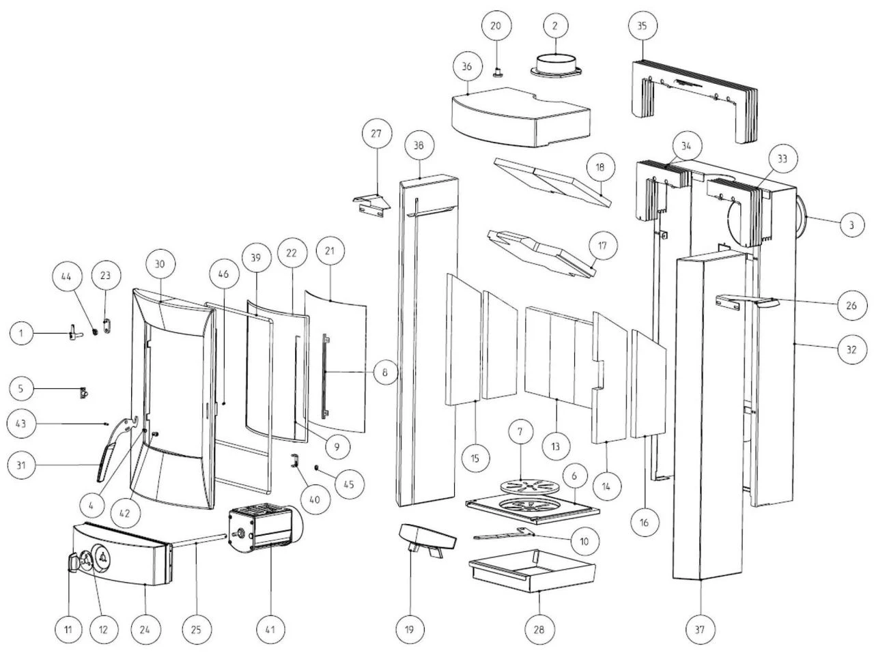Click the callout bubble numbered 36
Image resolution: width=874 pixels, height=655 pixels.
pos(467,67)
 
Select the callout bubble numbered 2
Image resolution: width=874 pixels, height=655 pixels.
pos(555,26)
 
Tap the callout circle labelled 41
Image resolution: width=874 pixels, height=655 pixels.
pos(270,629)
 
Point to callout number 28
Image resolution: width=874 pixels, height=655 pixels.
pos(538,629)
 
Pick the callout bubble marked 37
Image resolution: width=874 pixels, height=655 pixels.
pos(699,629)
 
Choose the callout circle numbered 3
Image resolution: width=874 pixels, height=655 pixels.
pos(851,224)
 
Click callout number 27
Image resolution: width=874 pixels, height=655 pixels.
pos(376,134)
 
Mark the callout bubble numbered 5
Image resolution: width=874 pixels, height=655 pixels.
pos(21,389)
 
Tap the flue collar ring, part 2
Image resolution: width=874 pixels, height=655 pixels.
pos(555,65)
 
